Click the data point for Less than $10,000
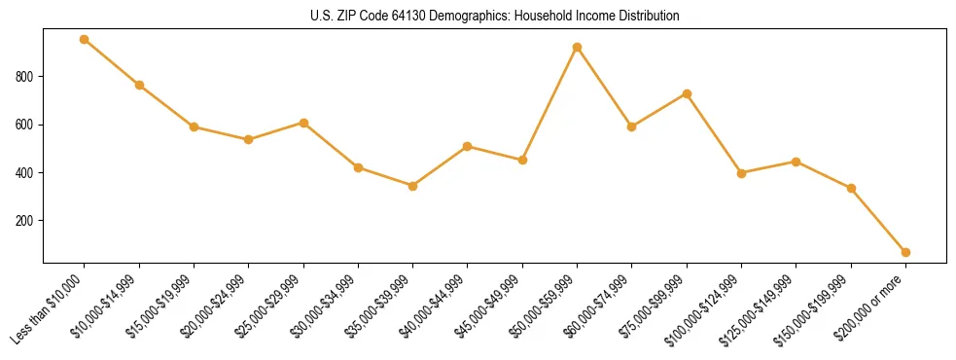85,40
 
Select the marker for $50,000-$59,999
577,47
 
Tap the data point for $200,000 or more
905,252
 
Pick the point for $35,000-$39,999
412,186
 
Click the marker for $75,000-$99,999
687,93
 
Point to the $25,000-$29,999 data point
303,123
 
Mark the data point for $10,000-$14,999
139,85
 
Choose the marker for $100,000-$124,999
741,173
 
